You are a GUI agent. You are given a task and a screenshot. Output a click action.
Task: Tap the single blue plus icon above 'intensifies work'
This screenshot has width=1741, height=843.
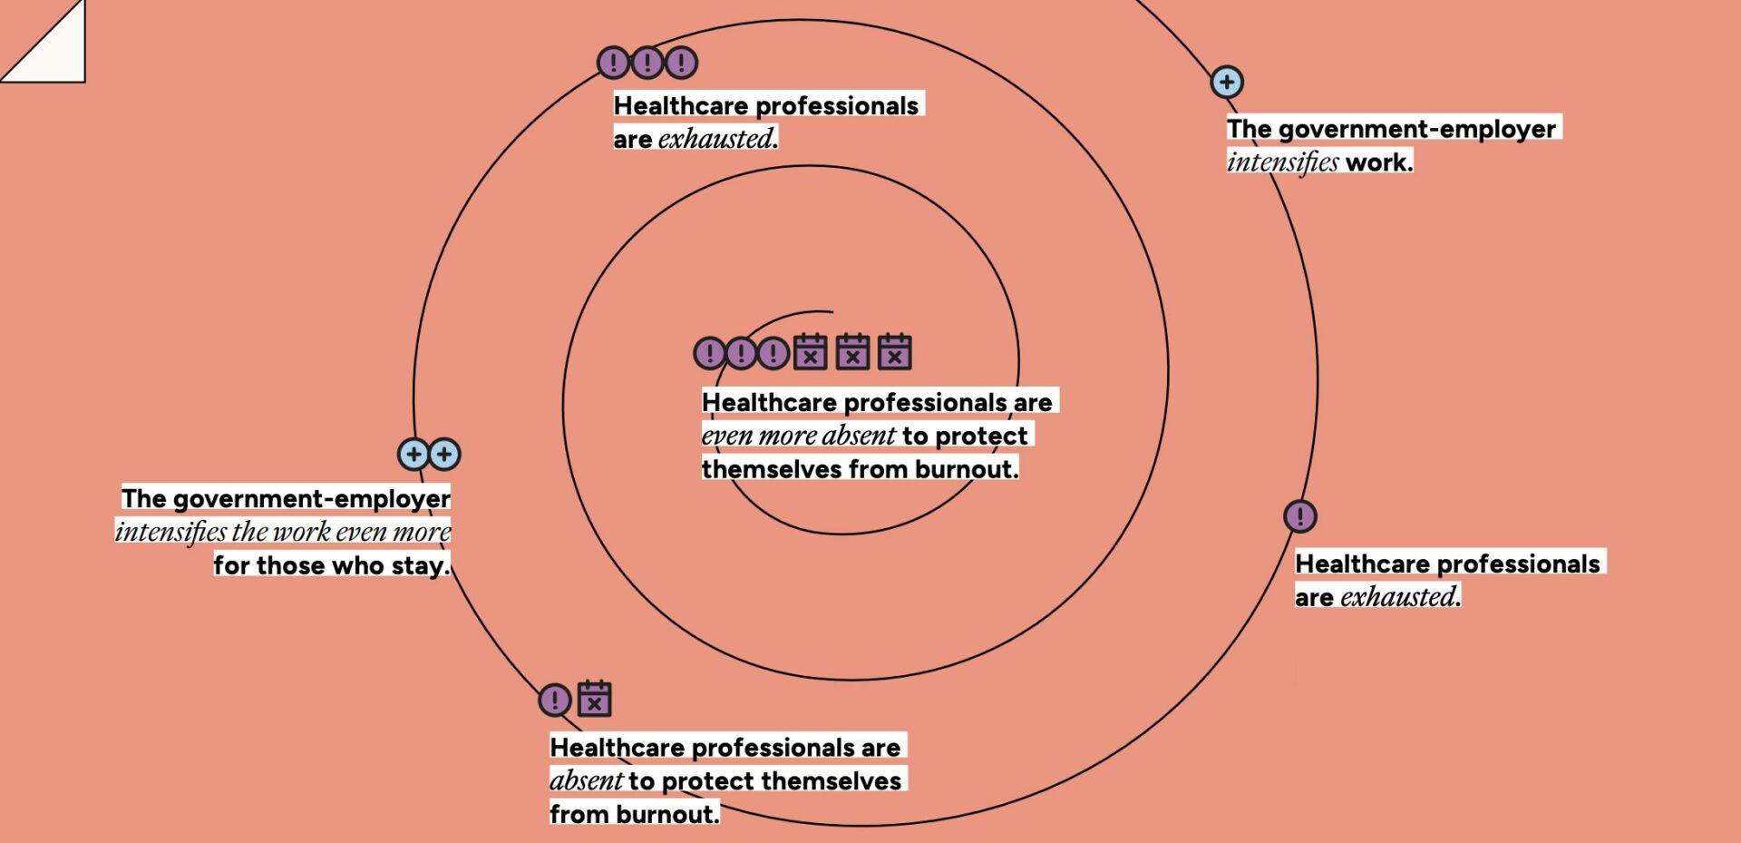(1227, 83)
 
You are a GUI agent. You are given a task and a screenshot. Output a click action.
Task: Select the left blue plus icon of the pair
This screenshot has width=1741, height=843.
(413, 454)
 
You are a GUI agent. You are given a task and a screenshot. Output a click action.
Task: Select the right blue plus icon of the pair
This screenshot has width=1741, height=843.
(444, 454)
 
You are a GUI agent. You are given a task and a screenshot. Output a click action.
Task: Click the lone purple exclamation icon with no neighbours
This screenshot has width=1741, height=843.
(1300, 516)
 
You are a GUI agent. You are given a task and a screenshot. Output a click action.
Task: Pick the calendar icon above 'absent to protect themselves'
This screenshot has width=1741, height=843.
(595, 700)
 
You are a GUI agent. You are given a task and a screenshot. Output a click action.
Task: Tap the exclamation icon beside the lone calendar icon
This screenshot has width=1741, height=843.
(555, 700)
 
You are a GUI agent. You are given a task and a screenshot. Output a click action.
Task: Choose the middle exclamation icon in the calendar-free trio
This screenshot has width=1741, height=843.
(647, 63)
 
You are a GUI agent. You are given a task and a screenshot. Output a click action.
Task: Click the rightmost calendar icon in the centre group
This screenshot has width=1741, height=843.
(894, 352)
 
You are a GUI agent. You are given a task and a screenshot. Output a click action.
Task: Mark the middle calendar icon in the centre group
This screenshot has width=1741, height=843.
(852, 352)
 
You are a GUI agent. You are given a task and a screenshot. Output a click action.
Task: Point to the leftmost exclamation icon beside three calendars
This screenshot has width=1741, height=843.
(709, 352)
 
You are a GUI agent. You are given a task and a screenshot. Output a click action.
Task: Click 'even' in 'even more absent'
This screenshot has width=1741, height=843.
(727, 436)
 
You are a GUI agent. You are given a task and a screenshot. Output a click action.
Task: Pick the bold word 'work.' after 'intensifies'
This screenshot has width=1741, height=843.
(1379, 162)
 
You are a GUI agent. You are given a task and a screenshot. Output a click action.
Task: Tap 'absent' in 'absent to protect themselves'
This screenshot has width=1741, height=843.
(586, 780)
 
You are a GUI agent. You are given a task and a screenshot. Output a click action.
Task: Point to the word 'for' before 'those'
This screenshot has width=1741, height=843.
(231, 565)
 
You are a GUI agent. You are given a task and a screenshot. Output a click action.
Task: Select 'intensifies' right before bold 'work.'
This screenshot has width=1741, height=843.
(1282, 162)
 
